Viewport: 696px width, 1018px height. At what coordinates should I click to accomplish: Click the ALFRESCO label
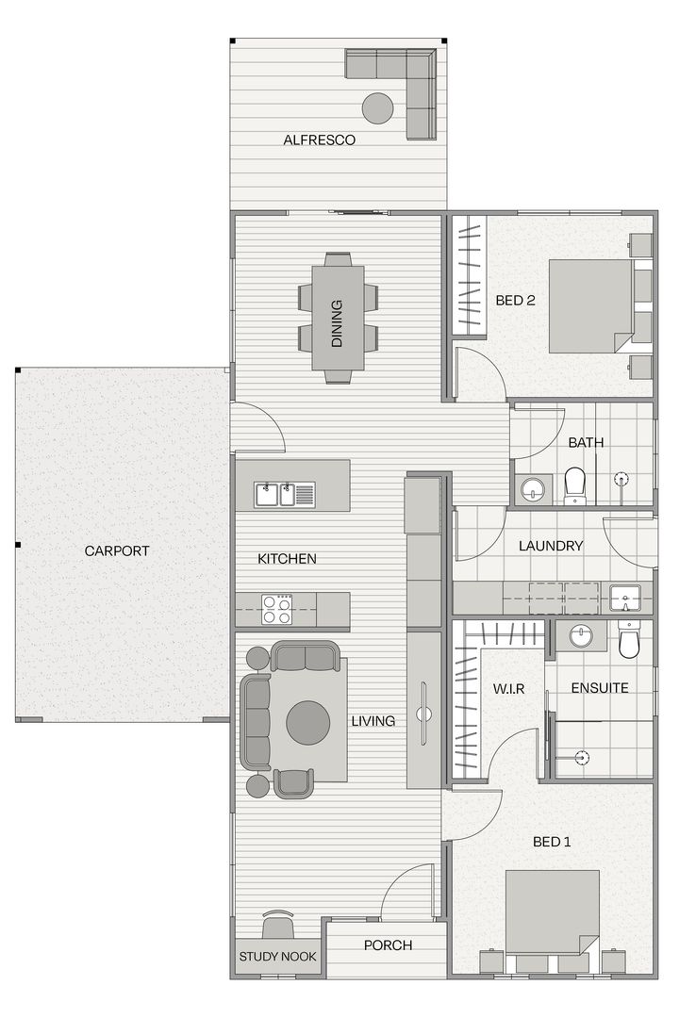pos(319,140)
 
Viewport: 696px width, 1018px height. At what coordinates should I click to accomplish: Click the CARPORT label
pos(117,551)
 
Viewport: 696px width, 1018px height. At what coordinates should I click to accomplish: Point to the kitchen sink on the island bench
pos(283,490)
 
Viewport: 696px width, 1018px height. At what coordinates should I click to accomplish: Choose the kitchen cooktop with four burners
pos(276,609)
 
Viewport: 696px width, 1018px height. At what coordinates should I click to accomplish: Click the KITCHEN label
pos(287,559)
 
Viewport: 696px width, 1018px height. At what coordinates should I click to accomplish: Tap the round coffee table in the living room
pos(308,722)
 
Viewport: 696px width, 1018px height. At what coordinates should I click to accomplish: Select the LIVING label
pos(373,721)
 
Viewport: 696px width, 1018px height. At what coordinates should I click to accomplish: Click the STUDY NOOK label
pos(277,957)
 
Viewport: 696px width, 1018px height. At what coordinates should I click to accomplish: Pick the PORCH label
pos(388,945)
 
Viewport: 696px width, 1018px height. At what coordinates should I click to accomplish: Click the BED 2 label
pos(515,302)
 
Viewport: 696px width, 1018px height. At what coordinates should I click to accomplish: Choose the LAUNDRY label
pos(551,546)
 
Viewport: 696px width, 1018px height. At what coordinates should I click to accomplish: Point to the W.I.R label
pos(508,688)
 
